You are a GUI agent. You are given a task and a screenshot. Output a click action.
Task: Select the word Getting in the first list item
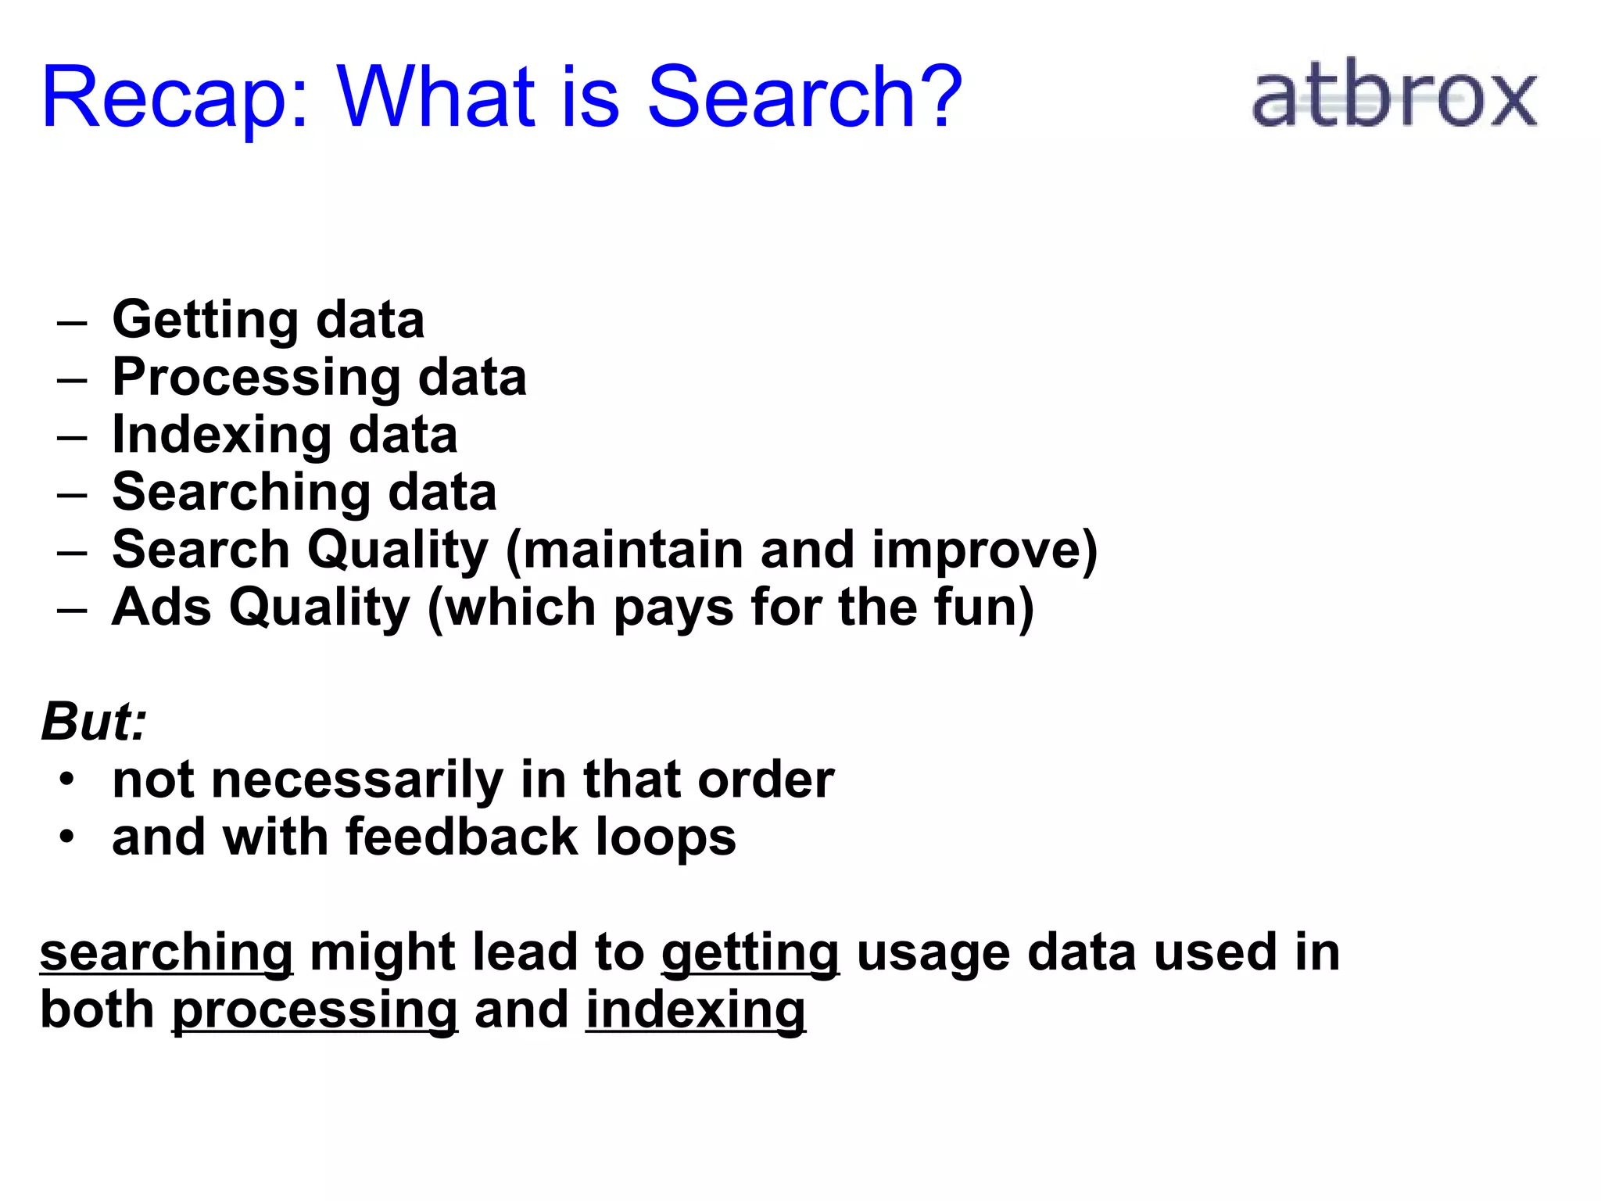pos(206,321)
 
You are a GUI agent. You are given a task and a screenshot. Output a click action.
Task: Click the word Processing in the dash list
pos(256,378)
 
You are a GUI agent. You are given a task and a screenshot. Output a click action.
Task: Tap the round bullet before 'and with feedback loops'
pos(68,837)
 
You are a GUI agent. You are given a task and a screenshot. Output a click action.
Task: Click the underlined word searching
pos(167,953)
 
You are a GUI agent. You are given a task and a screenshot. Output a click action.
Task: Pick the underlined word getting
pos(750,953)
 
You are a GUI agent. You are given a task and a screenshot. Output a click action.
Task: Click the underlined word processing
pos(314,1011)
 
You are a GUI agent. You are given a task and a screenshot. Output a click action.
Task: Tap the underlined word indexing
pos(695,1011)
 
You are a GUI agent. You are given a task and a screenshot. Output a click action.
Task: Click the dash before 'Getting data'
pos(72,322)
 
